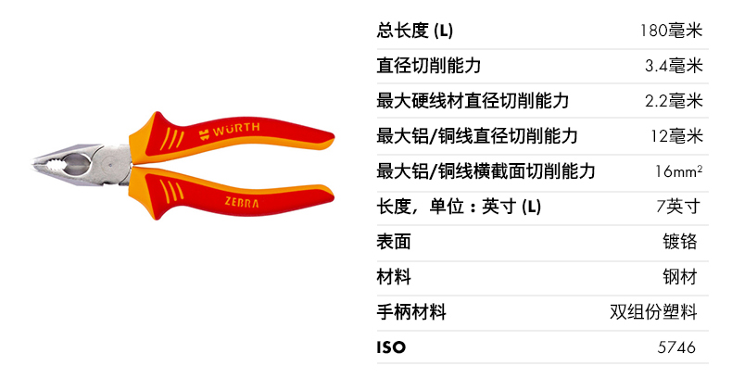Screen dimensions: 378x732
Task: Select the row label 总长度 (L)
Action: pyautogui.click(x=415, y=31)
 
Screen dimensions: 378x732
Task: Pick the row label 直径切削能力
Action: pyautogui.click(x=429, y=66)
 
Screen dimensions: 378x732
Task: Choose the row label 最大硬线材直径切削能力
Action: pyautogui.click(x=473, y=101)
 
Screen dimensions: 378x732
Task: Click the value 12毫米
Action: pyautogui.click(x=677, y=137)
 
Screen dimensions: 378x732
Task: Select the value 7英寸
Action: pyautogui.click(x=679, y=207)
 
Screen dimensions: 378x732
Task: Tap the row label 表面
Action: pyautogui.click(x=394, y=243)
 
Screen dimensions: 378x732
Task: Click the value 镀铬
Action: pyautogui.click(x=680, y=243)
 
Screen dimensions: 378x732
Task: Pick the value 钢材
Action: pyautogui.click(x=680, y=277)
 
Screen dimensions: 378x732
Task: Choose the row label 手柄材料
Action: pyautogui.click(x=411, y=312)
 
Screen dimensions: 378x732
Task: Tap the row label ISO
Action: pyautogui.click(x=392, y=348)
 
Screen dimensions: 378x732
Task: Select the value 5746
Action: pyautogui.click(x=675, y=348)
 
